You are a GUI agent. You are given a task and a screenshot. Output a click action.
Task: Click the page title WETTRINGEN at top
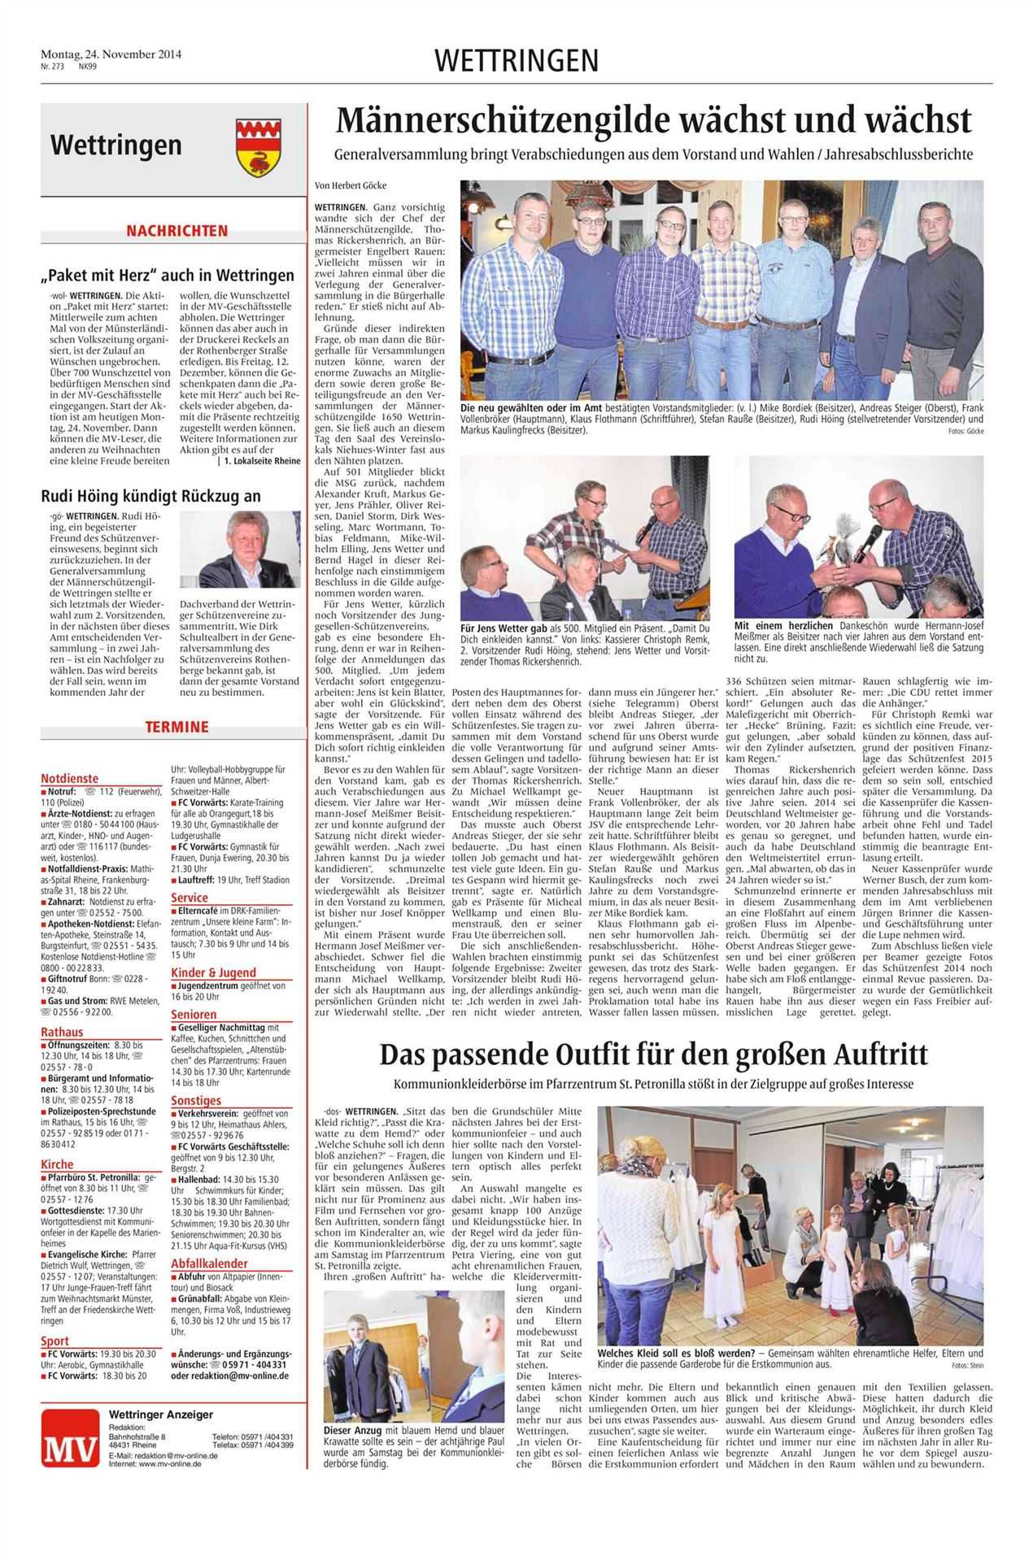tap(517, 61)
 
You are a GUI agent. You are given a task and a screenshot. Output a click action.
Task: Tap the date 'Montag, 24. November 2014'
tap(111, 54)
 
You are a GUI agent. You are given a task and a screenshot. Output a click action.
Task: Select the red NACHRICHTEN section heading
tap(177, 231)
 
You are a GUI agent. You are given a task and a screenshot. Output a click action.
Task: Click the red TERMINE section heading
tap(177, 727)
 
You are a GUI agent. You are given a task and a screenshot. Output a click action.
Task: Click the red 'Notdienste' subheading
tap(69, 778)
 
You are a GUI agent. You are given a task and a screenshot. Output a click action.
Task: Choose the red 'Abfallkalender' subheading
tap(209, 1263)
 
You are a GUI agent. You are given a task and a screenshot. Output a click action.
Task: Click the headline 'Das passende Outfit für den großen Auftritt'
tap(653, 1055)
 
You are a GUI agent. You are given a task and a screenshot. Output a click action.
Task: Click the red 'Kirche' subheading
tap(57, 1164)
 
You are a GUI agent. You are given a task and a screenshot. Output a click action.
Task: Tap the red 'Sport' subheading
tap(55, 1341)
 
